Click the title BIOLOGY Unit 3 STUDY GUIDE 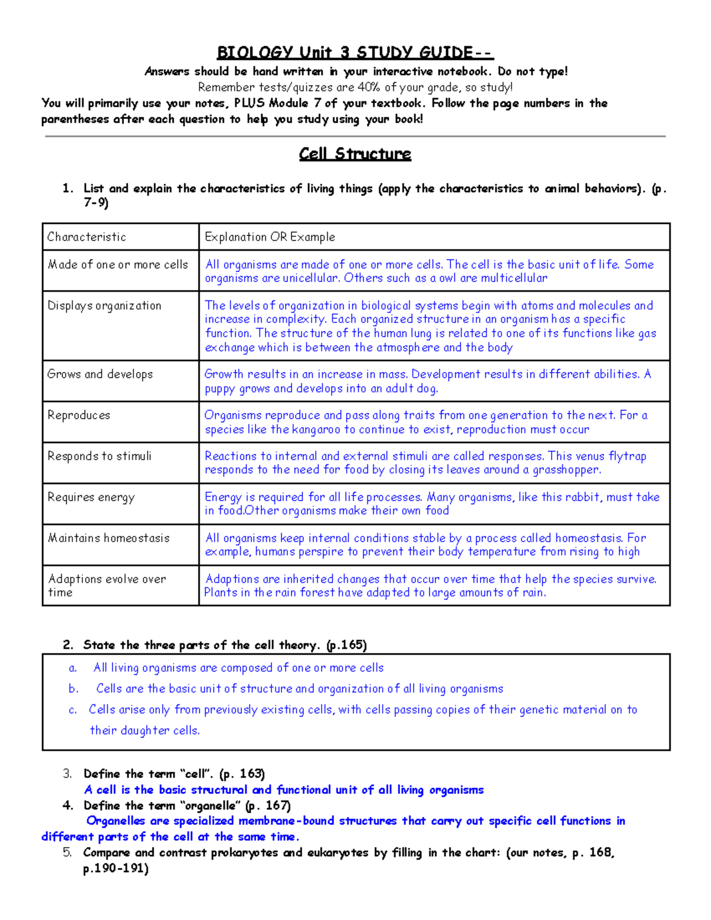pyautogui.click(x=354, y=52)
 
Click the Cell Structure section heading pyautogui.click(x=355, y=154)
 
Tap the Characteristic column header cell pyautogui.click(x=87, y=237)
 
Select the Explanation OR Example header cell pyautogui.click(x=270, y=237)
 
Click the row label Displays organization pyautogui.click(x=104, y=306)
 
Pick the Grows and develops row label pyautogui.click(x=100, y=374)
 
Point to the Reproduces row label pyautogui.click(x=79, y=415)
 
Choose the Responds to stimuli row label pyautogui.click(x=100, y=456)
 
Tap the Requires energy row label pyautogui.click(x=91, y=497)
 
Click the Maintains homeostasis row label pyautogui.click(x=108, y=538)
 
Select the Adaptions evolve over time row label pyautogui.click(x=107, y=585)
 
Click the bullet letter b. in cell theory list pyautogui.click(x=73, y=688)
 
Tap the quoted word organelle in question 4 pyautogui.click(x=210, y=806)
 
